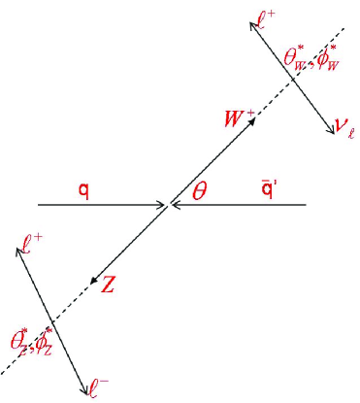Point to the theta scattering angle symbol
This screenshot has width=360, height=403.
tap(200, 189)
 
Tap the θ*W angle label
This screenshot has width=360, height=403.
tap(295, 58)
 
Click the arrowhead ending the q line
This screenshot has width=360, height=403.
tap(164, 205)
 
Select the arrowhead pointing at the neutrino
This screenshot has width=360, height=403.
tap(328, 129)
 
